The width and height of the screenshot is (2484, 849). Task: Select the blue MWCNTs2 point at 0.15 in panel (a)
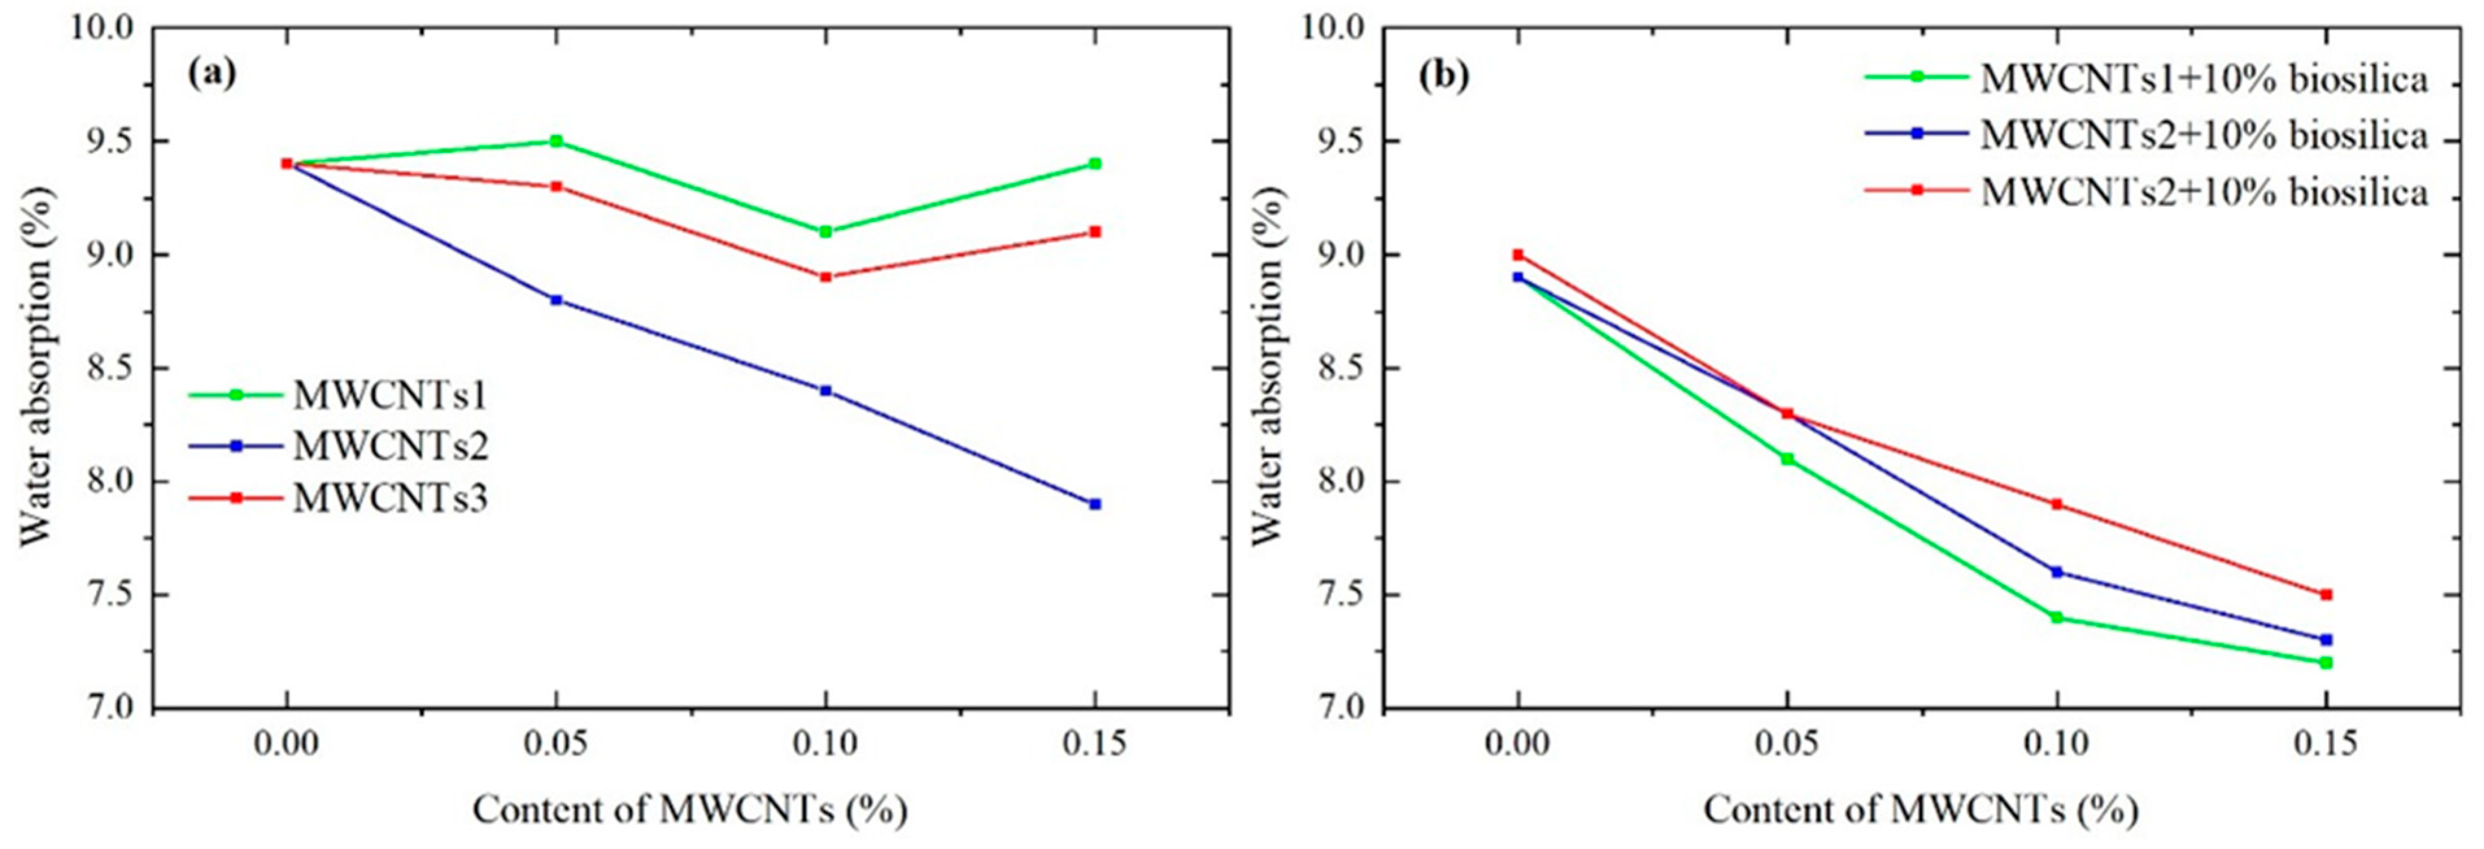click(x=1094, y=504)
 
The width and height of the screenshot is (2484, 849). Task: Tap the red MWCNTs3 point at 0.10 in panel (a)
click(x=825, y=277)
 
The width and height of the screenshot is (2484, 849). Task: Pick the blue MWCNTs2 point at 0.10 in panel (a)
click(x=825, y=391)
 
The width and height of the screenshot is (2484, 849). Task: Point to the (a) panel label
click(x=211, y=73)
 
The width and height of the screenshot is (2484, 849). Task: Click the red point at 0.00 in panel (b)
click(x=1518, y=254)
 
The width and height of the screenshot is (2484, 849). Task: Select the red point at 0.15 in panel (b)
click(x=2325, y=595)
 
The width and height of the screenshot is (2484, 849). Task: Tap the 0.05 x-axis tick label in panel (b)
click(x=1786, y=744)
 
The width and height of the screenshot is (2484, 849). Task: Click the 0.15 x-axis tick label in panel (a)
click(x=1094, y=744)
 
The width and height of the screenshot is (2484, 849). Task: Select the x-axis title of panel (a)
click(x=690, y=809)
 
